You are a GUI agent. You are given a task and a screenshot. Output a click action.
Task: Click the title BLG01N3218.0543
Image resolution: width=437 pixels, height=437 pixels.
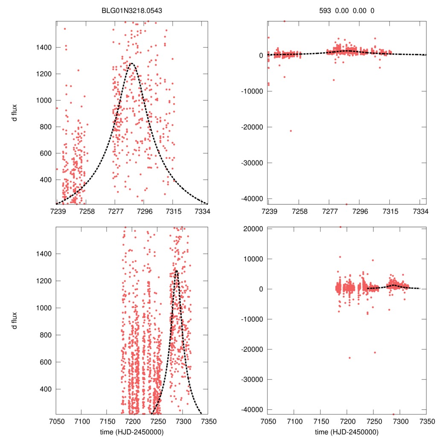click(131, 11)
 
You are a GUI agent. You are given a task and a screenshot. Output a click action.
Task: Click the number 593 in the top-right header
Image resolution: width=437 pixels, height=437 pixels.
click(325, 11)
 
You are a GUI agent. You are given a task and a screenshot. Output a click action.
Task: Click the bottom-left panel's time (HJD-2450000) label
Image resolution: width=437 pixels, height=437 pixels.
click(131, 432)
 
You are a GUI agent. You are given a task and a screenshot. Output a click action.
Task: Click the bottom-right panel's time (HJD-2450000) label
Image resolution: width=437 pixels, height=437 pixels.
click(347, 432)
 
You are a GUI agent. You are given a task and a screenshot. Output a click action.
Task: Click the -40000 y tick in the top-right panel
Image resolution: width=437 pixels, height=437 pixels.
click(251, 198)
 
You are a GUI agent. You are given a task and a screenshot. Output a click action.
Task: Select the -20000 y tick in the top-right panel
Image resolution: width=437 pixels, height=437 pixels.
click(251, 127)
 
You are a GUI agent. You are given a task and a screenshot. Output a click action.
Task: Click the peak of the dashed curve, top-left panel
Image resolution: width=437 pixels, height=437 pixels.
click(131, 64)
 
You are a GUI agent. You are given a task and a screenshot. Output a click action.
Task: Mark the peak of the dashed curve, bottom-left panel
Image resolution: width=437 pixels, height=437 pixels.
click(176, 271)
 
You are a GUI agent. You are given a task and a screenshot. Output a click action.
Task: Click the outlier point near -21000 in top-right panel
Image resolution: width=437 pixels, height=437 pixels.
click(291, 131)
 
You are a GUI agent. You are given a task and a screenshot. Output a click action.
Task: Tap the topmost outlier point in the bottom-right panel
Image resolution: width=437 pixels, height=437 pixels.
click(340, 227)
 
